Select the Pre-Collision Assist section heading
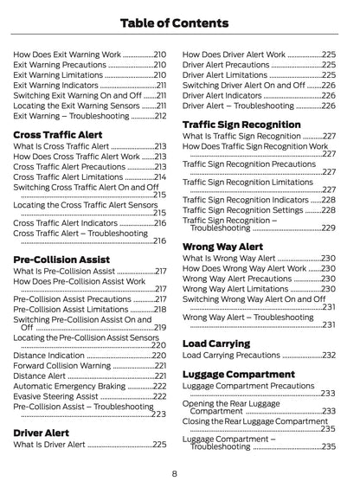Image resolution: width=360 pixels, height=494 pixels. tap(62, 260)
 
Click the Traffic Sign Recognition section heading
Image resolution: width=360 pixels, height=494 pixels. tap(241, 125)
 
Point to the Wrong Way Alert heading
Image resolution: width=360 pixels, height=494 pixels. tap(223, 247)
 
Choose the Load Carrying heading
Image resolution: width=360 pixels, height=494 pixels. tap(217, 343)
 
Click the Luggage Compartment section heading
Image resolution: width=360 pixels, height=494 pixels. tap(239, 375)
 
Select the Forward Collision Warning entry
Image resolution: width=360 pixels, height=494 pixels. tap(62, 365)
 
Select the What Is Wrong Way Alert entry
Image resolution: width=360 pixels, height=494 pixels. tap(228, 258)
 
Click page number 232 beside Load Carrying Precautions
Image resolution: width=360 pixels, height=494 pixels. tap(328, 355)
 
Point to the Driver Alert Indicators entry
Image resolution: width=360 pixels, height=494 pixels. tap(223, 95)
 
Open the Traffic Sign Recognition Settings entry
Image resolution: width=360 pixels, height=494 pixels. tap(242, 210)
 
